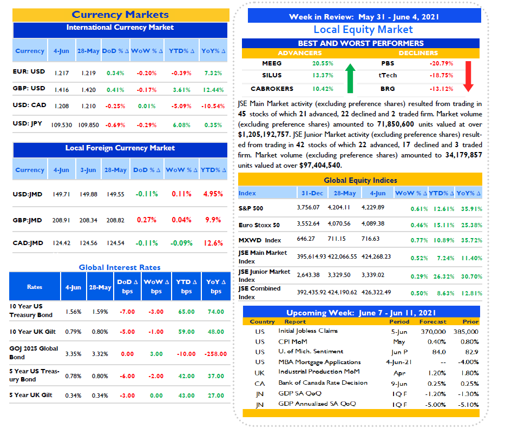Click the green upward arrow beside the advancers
coord(350,78)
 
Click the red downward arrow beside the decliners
coord(468,76)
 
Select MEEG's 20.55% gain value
coord(323,63)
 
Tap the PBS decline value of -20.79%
coord(441,63)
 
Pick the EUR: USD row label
coord(29,71)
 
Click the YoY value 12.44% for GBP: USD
coord(213,90)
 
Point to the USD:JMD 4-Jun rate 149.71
coord(61,194)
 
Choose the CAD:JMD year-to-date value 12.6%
coord(213,243)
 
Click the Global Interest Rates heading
coord(120,267)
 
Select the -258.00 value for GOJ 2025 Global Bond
coord(215,354)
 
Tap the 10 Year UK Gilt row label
coord(32,332)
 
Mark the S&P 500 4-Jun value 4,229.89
coord(373,207)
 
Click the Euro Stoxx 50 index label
coord(259,225)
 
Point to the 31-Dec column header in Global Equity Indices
coord(312,193)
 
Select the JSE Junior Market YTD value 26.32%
coord(444,276)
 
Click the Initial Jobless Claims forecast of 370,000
coord(433,332)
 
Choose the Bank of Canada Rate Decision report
coord(323,383)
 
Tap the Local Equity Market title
coord(363,30)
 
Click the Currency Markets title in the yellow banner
coord(120,15)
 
